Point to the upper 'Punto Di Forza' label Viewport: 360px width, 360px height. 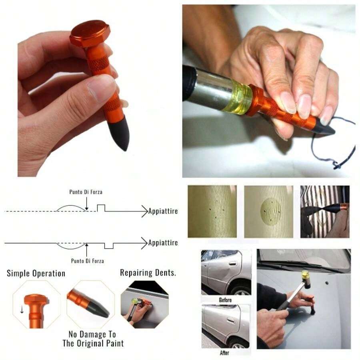[86, 192]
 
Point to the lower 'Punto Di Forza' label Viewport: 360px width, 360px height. [87, 261]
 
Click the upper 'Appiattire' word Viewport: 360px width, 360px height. [163, 211]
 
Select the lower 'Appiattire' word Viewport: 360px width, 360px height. [163, 243]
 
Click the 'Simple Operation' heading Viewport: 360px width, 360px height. [36, 274]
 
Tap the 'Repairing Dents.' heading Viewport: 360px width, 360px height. [148, 273]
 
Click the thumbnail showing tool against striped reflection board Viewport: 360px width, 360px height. [324, 212]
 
